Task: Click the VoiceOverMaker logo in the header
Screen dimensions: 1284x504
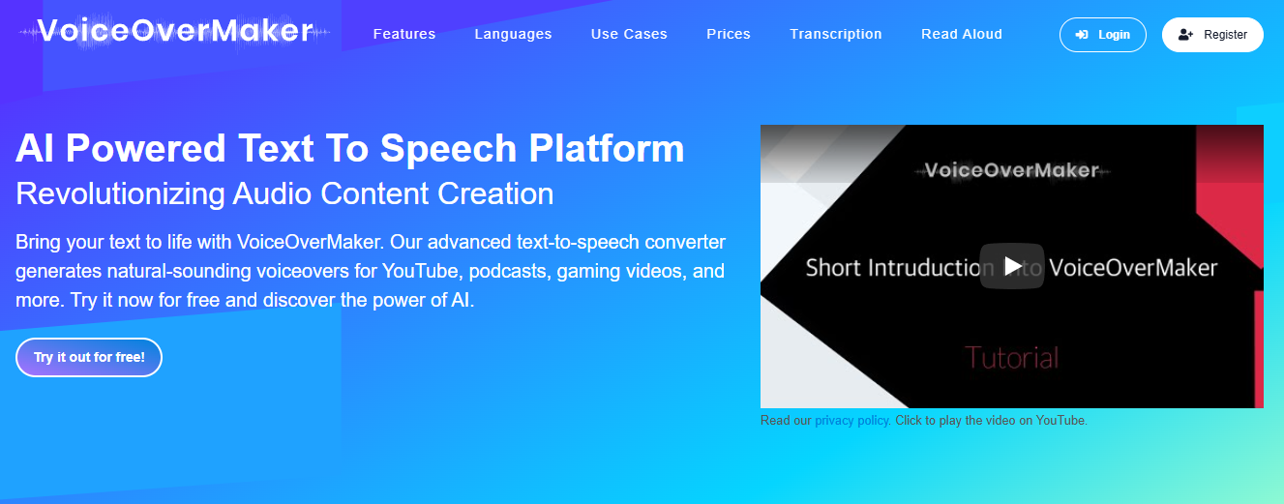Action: tap(174, 31)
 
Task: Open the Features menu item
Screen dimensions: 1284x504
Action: tap(404, 35)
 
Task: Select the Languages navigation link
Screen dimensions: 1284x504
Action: tap(513, 35)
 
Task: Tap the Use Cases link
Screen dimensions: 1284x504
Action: tap(629, 35)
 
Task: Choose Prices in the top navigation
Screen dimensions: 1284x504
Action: tap(728, 35)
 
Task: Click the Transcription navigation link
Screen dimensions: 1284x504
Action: tap(836, 35)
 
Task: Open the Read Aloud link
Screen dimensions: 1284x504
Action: tap(961, 35)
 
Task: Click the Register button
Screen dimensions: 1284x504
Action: tap(1212, 35)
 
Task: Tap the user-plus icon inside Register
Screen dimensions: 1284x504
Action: tap(1185, 35)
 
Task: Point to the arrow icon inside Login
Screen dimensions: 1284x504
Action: tap(1082, 35)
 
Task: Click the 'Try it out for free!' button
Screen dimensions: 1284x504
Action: tap(89, 357)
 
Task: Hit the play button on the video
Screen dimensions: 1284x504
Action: tap(1012, 266)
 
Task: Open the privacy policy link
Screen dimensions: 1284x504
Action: tap(852, 420)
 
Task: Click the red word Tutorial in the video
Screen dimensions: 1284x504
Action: tap(1012, 358)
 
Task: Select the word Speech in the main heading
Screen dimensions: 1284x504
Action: tap(448, 150)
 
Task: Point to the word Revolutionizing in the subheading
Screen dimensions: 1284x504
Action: tap(120, 193)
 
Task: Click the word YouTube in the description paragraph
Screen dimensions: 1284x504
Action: tap(421, 271)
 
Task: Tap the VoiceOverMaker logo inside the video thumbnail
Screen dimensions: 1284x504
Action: tap(1012, 170)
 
